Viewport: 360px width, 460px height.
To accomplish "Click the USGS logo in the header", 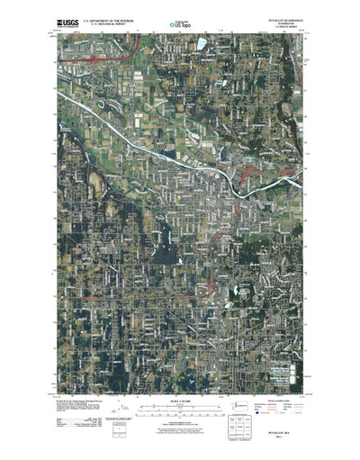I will coord(67,19).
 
